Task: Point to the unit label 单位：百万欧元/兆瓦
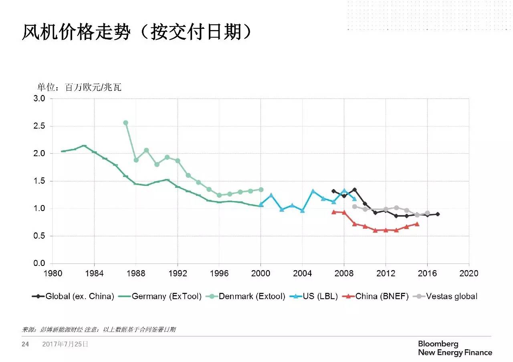pos(79,87)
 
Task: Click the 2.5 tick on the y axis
pos(40,126)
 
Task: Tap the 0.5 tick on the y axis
pos(40,236)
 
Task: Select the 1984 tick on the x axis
pos(94,274)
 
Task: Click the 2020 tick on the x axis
pos(469,274)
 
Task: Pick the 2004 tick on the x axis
pos(302,274)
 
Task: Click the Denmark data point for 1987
pos(125,123)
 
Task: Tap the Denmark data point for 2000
pos(261,189)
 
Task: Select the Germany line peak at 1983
pos(84,146)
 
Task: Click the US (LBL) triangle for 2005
pos(313,191)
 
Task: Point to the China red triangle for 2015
pos(417,224)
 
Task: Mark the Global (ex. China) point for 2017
pos(438,214)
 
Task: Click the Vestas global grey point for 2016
pos(428,213)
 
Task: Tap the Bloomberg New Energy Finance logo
pos(454,348)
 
